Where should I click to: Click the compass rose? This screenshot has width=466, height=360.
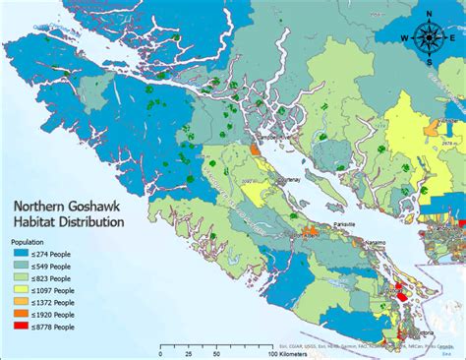pos(430,37)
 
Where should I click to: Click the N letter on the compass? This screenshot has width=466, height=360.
pos(430,13)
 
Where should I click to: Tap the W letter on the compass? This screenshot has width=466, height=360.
pos(405,37)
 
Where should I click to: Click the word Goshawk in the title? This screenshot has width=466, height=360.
pos(87,208)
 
